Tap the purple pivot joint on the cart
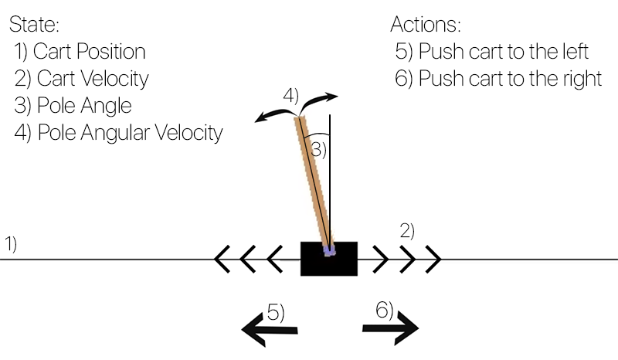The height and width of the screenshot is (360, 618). point(330,250)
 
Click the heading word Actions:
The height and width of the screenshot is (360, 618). point(426,24)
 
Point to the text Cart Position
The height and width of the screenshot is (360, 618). point(89,52)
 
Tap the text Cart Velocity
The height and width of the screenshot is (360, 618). point(92,78)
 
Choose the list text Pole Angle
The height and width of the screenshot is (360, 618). point(83,105)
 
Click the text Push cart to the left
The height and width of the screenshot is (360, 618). point(504,52)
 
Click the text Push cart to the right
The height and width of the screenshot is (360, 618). point(510,78)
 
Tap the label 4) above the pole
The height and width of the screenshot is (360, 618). point(290,96)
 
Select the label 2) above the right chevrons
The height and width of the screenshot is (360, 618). point(407,229)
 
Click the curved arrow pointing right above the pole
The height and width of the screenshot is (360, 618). point(320,100)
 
